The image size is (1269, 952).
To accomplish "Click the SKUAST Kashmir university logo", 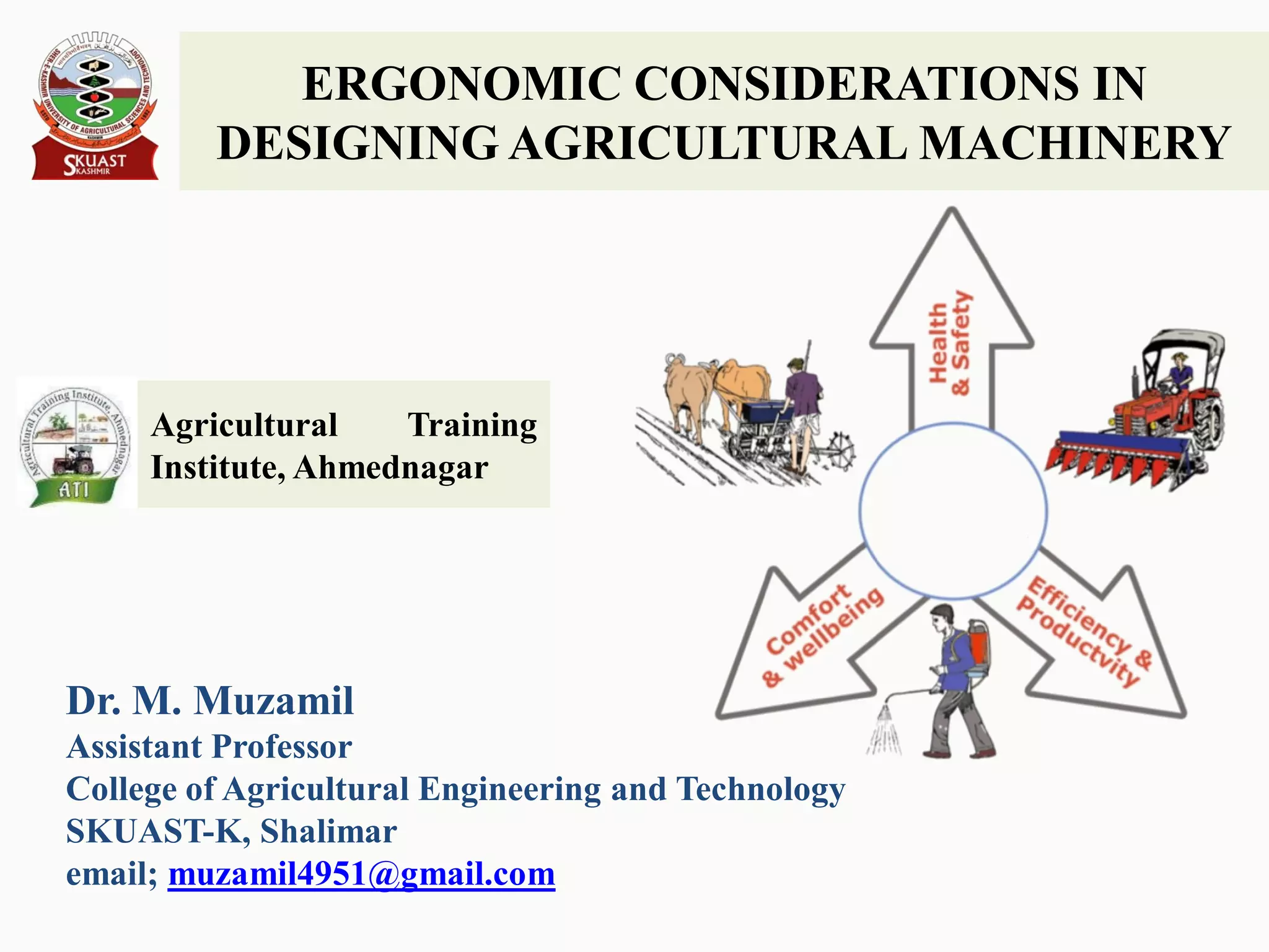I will point(94,105).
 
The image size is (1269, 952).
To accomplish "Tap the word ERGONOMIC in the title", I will point(461,84).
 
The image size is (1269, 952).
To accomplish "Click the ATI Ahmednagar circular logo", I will point(74,444).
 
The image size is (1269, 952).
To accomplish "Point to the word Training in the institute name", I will point(472,426).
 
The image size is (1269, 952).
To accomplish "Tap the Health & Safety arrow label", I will point(950,344).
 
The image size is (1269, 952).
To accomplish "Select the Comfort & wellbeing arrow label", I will point(822,635).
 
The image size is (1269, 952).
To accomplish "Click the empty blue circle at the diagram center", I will point(953,511).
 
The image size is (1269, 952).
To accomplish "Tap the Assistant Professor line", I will point(209,747).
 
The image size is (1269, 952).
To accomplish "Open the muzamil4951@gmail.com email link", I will point(361,875).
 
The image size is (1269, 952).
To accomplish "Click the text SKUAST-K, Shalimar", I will point(231,832).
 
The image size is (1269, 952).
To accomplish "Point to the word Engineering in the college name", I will point(509,790).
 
